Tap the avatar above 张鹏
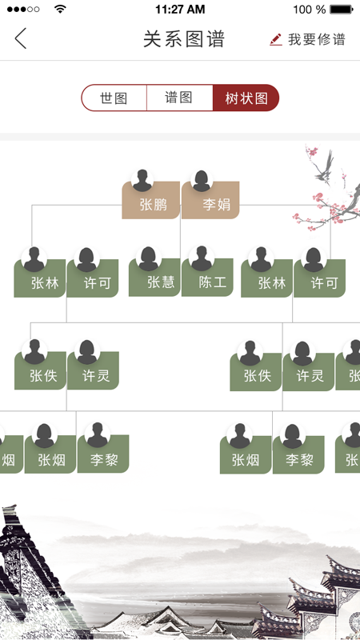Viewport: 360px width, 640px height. point(142,181)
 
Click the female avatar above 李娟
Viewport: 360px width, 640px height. point(202,181)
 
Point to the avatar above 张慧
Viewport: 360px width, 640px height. point(148,258)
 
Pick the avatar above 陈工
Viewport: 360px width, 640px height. point(202,258)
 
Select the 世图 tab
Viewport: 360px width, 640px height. point(114,98)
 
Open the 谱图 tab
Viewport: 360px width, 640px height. point(179,98)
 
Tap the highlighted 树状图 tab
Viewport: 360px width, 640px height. point(246,98)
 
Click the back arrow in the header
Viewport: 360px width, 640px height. point(21,38)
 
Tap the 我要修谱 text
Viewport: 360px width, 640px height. point(317,39)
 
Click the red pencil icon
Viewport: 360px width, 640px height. point(276,39)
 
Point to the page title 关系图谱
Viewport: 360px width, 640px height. point(184,39)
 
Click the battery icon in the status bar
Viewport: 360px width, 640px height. point(342,10)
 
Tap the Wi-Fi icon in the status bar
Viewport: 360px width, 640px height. point(61,9)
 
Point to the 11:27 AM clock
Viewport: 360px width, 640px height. point(180,10)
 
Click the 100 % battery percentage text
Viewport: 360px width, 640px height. point(309,10)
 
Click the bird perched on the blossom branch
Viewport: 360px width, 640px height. point(325,166)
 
